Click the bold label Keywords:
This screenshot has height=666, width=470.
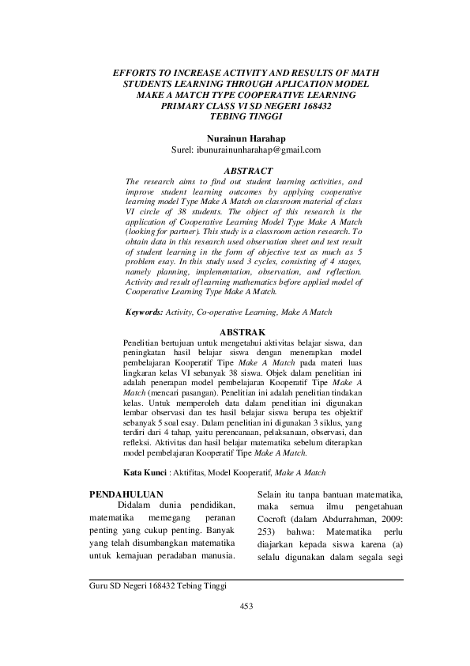[x=145, y=313]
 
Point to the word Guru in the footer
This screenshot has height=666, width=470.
[x=100, y=586]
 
